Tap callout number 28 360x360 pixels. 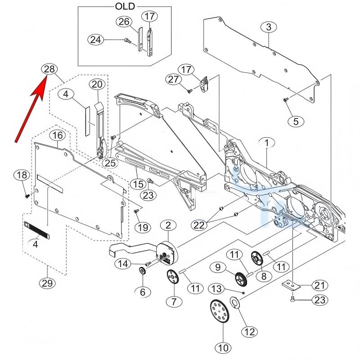[x=49, y=69]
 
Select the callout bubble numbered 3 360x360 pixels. [x=269, y=27]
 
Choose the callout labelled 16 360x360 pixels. [x=57, y=135]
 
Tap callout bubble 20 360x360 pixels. [x=97, y=84]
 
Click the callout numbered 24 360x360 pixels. [x=95, y=40]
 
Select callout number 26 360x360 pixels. [x=124, y=21]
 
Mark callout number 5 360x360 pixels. [x=296, y=121]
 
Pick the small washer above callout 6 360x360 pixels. [x=142, y=271]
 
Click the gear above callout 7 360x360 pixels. [x=173, y=277]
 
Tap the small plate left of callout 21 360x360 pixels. [x=290, y=284]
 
